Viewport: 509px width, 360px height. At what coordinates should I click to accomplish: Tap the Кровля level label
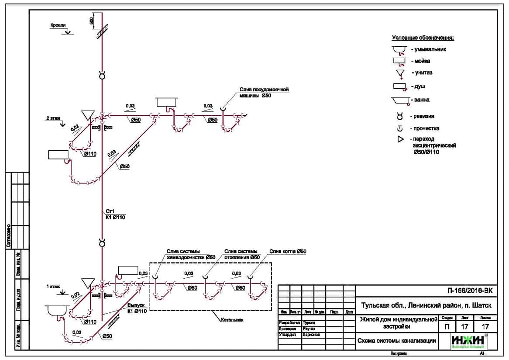pos(58,26)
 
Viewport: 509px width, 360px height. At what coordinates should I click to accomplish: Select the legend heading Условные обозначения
pos(423,38)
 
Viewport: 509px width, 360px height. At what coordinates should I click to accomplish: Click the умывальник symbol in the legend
pos(399,49)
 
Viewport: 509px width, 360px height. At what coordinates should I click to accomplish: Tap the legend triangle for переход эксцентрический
pos(400,140)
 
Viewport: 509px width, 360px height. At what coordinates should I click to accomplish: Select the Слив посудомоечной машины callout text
pos(264,93)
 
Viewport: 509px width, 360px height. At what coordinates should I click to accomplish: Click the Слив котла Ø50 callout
pos(288,251)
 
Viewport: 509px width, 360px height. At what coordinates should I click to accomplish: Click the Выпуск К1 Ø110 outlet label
pos(135,308)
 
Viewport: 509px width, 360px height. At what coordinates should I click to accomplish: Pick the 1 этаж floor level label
pos(53,286)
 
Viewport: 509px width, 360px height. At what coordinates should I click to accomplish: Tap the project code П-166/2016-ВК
pos(471,290)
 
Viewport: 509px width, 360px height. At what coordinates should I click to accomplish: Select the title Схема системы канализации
pos(396,341)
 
